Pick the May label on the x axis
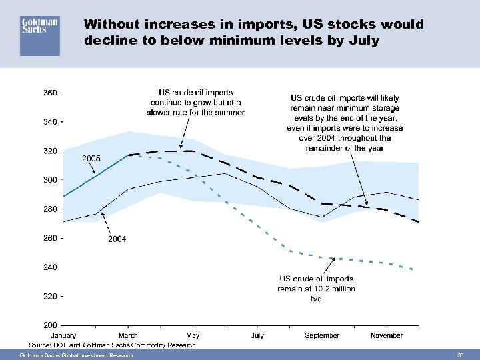coord(192,335)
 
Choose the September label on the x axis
coord(322,335)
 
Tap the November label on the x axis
coord(387,335)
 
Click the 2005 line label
coord(91,158)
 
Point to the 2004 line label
coord(116,238)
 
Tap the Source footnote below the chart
coord(112,345)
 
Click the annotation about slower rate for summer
coord(197,103)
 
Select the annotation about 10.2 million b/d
coord(317,289)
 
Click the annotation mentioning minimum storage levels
coord(345,123)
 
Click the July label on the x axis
coord(257,335)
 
